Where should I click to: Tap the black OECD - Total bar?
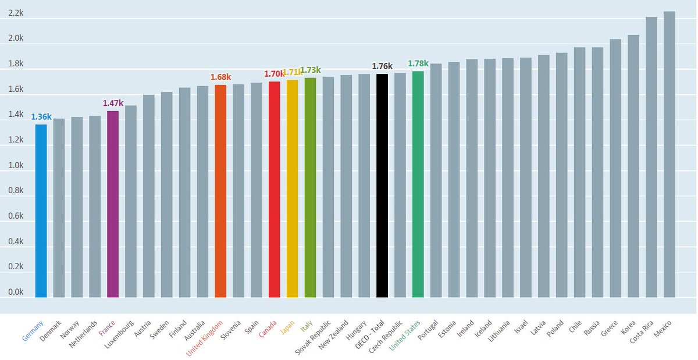pyautogui.click(x=382, y=186)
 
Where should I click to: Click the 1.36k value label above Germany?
pyautogui.click(x=41, y=117)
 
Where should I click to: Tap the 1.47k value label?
pyautogui.click(x=113, y=103)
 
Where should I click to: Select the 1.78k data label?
pyautogui.click(x=418, y=63)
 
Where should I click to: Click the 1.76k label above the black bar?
pyautogui.click(x=382, y=66)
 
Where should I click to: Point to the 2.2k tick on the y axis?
pyautogui.click(x=16, y=12)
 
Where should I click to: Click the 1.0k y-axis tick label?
pyautogui.click(x=16, y=165)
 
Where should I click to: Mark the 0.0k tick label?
pyautogui.click(x=16, y=292)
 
